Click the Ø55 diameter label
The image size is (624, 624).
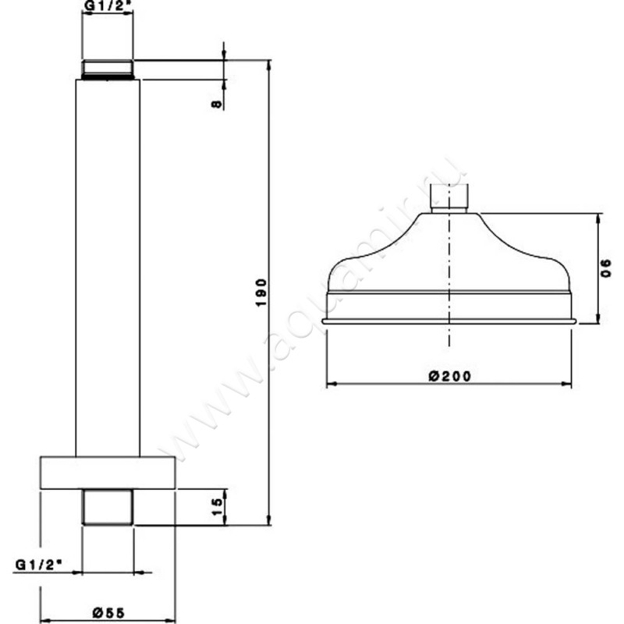[107, 613]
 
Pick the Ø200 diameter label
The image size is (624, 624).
[449, 375]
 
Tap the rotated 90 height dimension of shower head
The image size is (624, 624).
[606, 268]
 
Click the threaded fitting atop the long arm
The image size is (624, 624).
[108, 69]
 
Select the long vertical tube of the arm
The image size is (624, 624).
[108, 265]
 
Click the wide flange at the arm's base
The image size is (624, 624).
[107, 473]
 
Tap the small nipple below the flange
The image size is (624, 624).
[108, 506]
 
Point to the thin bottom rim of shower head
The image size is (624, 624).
[449, 321]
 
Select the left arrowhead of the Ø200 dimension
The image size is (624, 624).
[330, 384]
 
